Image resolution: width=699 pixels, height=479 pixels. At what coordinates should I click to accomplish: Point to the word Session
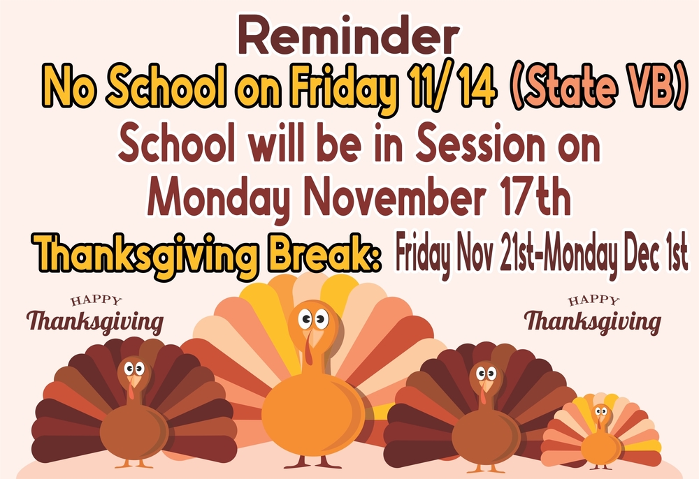click(480, 144)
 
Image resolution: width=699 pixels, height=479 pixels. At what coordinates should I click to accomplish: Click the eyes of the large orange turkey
click(313, 318)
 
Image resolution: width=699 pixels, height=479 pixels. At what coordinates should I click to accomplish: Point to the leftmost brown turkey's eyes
click(134, 368)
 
